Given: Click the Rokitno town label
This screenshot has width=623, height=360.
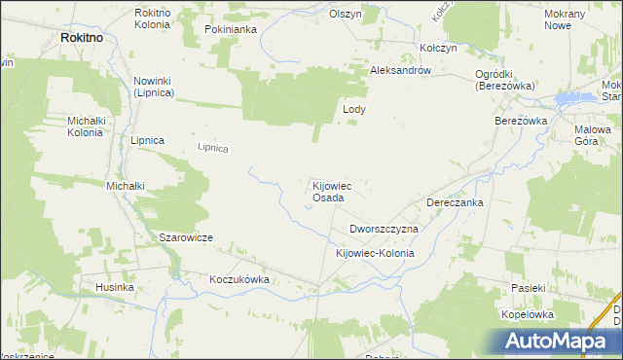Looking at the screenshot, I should pyautogui.click(x=82, y=36).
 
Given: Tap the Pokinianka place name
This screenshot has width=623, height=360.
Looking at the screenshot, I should pyautogui.click(x=230, y=29).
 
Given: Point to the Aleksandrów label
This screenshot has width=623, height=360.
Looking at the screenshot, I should pyautogui.click(x=400, y=71).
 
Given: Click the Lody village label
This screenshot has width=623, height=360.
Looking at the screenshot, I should pyautogui.click(x=353, y=110).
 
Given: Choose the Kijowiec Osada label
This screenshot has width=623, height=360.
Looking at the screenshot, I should pyautogui.click(x=328, y=191).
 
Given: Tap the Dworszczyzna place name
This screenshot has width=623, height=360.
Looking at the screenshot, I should pyautogui.click(x=384, y=229).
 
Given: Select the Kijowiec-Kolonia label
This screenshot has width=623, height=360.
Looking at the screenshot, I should pyautogui.click(x=375, y=253).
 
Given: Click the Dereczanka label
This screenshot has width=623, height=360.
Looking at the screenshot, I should pyautogui.click(x=455, y=202).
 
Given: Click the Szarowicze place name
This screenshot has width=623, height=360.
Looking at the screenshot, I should pyautogui.click(x=185, y=237).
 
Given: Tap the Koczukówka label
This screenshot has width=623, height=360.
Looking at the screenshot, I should pyautogui.click(x=238, y=278).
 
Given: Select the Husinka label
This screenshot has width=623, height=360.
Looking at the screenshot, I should pyautogui.click(x=113, y=288).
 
